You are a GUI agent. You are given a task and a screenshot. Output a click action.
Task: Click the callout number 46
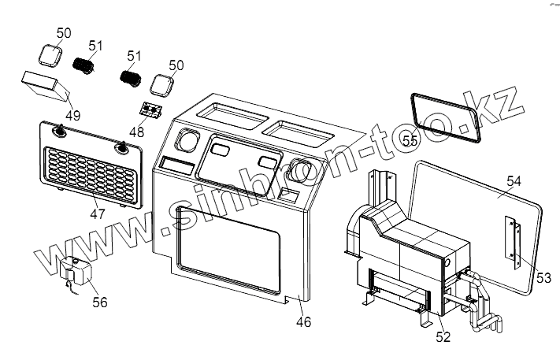tap(303, 321)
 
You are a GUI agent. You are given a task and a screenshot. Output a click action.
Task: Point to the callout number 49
tap(72, 116)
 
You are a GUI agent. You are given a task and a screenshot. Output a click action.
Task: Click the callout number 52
tap(443, 336)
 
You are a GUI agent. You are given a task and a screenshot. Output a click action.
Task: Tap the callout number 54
tap(513, 180)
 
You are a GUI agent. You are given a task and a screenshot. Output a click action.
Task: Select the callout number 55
tap(410, 139)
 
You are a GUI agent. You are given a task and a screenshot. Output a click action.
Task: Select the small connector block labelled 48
tap(151, 108)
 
